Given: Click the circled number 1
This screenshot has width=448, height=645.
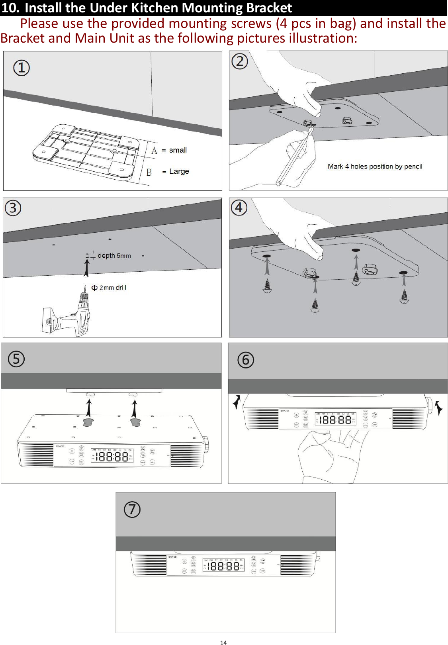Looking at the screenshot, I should (x=22, y=68).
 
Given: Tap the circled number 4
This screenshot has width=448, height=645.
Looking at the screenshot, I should (x=239, y=208).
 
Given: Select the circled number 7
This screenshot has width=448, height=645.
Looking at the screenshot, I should (x=132, y=510).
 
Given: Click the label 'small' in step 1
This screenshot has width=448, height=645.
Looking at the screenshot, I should (x=178, y=150).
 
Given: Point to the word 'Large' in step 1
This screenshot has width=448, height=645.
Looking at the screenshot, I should (x=179, y=171).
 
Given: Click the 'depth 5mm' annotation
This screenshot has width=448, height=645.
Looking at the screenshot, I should (x=114, y=255).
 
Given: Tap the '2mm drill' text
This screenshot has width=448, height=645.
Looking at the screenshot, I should (x=112, y=288).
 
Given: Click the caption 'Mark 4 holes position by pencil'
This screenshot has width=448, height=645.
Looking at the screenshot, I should (x=375, y=167).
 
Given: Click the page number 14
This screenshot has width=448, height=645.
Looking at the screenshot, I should (x=223, y=642).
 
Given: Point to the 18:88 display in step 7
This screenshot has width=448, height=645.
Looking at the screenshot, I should (x=223, y=566).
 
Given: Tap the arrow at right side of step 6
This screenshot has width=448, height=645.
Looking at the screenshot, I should (x=438, y=408).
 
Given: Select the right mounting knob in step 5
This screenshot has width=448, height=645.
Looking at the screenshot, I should (x=135, y=422).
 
